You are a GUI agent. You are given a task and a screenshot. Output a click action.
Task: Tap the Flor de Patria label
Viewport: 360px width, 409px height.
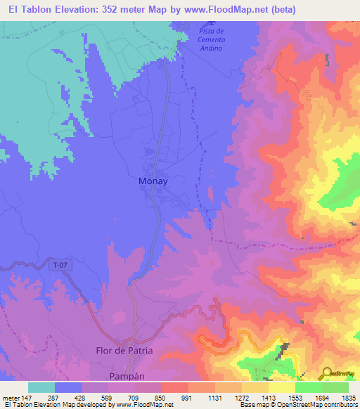(124, 350)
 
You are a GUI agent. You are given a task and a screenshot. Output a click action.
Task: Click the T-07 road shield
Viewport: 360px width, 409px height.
(60, 265)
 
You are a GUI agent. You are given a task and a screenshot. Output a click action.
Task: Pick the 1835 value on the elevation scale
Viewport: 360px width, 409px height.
(349, 397)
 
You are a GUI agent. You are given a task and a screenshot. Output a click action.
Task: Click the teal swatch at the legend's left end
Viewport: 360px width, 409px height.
(41, 387)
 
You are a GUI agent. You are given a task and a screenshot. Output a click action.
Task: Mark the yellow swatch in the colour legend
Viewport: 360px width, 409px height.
(281, 387)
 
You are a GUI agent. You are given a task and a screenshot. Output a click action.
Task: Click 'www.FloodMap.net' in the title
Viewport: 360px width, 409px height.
(226, 9)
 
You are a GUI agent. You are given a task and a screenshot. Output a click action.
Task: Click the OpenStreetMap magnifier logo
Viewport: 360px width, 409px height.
(326, 373)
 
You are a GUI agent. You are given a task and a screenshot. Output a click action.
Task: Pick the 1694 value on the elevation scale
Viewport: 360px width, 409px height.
(322, 397)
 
